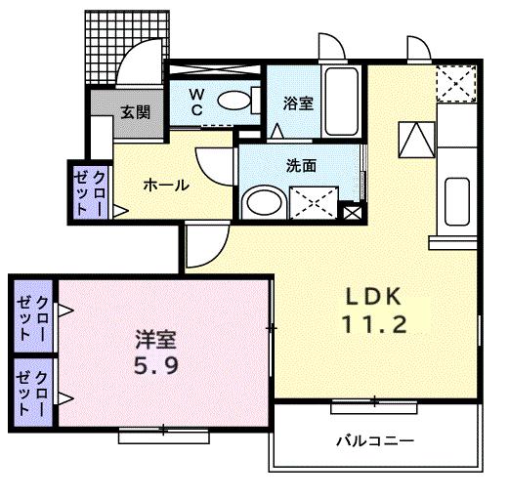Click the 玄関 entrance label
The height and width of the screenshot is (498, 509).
coord(136,112)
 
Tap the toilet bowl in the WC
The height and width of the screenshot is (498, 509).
coord(233,100)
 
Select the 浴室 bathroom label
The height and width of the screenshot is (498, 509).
coord(298,103)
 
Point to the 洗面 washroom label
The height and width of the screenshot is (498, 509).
coord(301,166)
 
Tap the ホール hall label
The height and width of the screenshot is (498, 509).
coord(165,186)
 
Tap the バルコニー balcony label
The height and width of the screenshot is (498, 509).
coord(375,441)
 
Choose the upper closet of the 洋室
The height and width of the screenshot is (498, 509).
coord(35,314)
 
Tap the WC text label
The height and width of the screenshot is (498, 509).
coord(195,102)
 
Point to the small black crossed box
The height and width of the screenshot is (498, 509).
coord(352,211)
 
